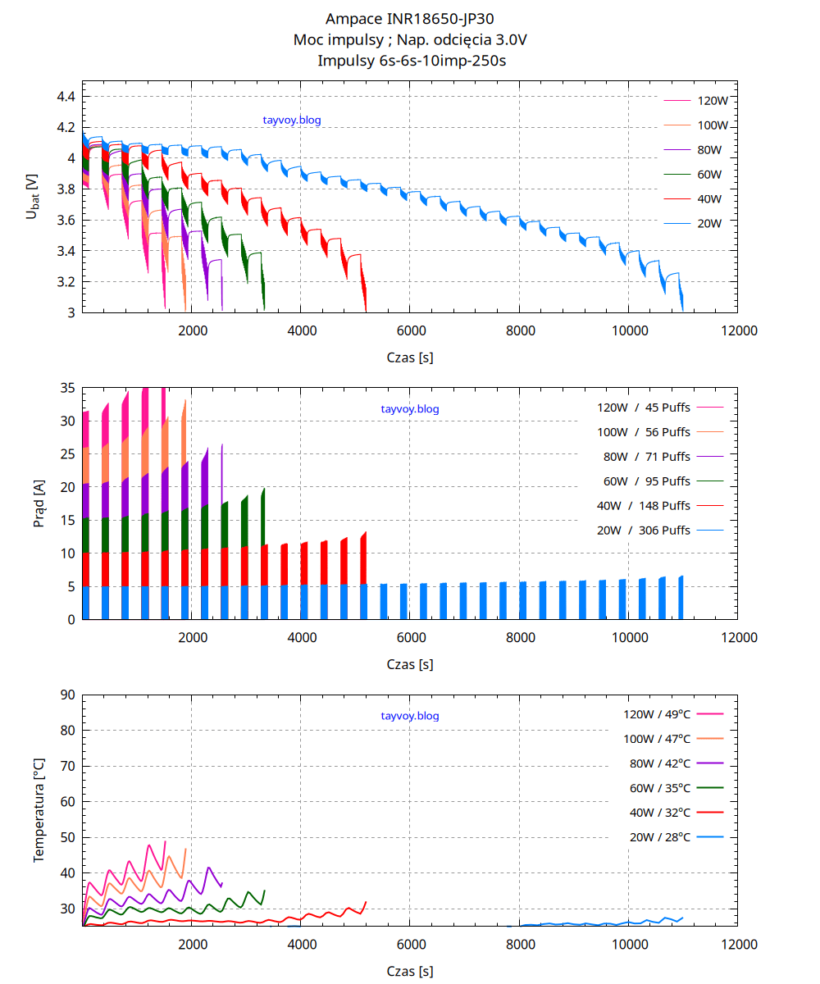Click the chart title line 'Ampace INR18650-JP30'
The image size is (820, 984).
click(x=409, y=19)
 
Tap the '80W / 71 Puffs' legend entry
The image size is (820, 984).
click(x=644, y=457)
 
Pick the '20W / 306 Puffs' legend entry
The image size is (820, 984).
click(x=644, y=531)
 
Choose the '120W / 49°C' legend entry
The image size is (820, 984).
click(x=657, y=714)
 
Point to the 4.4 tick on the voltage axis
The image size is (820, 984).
click(x=66, y=97)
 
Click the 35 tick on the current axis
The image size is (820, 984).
click(x=68, y=387)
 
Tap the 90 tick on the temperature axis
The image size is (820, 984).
click(x=68, y=695)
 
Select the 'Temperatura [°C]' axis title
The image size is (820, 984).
click(x=39, y=810)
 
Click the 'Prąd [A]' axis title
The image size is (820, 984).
click(x=39, y=503)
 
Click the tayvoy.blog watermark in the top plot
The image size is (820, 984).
click(x=292, y=121)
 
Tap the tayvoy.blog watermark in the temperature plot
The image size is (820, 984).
click(x=410, y=716)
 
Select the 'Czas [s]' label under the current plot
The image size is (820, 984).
click(x=410, y=665)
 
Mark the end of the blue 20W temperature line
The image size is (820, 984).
click(x=682, y=918)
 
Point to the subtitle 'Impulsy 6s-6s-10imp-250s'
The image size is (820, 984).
click(x=409, y=60)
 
